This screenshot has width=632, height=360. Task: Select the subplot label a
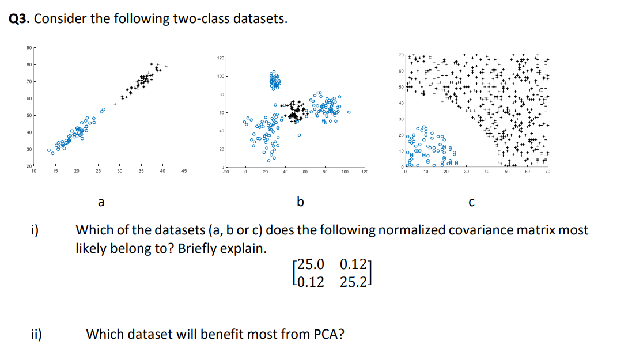101,202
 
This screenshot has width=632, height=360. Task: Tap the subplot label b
300,202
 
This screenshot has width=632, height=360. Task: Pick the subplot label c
471,202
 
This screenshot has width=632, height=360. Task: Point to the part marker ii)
37,334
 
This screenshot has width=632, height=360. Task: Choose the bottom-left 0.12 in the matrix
309,282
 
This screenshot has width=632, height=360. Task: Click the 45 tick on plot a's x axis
184,171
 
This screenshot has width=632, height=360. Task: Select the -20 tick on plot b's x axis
226,172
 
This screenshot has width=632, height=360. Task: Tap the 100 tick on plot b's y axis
220,76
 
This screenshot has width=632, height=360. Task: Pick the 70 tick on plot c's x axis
547,171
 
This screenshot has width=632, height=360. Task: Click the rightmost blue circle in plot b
349,112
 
